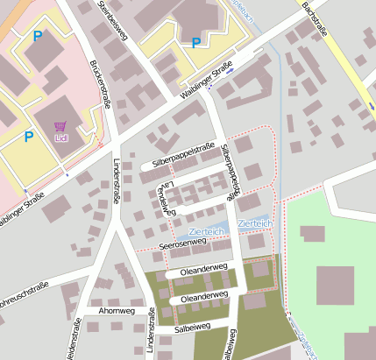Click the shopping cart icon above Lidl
coord(60,126)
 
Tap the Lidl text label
coord(61,138)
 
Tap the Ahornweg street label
coord(117,310)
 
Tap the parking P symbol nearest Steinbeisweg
coord(195,42)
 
